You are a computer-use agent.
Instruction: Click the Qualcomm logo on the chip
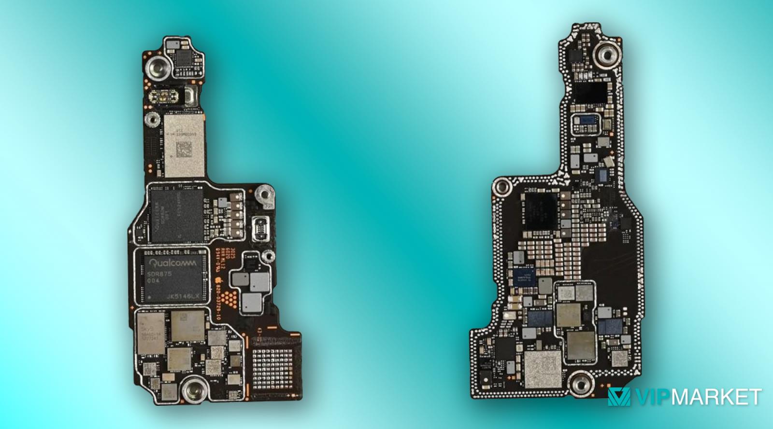coord(173,263)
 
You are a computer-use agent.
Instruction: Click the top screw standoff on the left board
coord(157,66)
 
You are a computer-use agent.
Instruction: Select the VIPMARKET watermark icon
coord(619,397)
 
